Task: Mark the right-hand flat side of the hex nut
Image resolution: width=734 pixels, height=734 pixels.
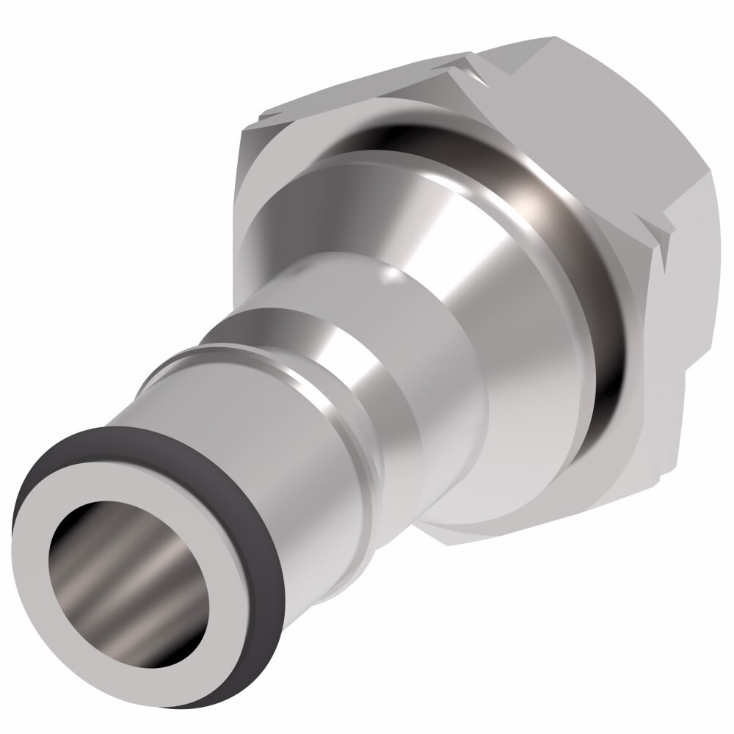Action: (690, 294)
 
